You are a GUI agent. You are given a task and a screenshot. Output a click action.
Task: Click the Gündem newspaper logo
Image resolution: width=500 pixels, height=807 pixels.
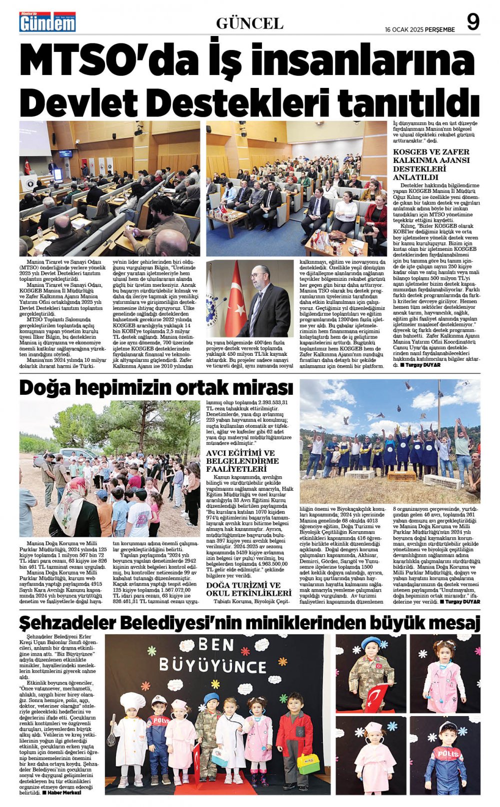click(47, 22)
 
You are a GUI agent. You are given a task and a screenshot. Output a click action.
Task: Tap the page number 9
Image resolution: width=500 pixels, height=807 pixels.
click(472, 22)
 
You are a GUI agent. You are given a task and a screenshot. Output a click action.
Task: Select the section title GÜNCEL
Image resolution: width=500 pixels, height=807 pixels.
click(249, 23)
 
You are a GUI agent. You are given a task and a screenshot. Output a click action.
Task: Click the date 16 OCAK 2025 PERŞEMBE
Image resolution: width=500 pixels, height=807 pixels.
click(419, 29)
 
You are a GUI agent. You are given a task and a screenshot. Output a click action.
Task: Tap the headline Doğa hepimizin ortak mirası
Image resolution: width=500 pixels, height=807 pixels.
click(156, 388)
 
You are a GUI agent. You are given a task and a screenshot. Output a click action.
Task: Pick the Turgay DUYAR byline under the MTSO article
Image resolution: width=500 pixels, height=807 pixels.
click(414, 365)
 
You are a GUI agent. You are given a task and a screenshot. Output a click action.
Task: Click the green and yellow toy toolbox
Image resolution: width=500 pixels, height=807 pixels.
click(307, 763)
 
